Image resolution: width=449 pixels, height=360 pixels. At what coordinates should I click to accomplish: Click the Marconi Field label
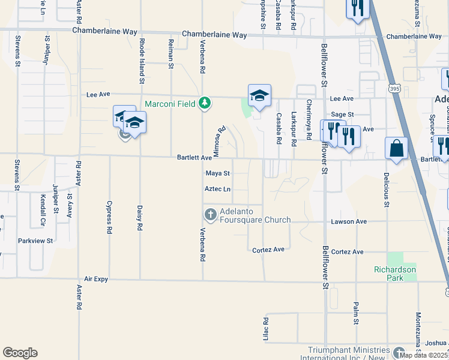click(170, 104)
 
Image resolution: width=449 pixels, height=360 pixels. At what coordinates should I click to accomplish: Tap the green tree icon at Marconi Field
click(205, 103)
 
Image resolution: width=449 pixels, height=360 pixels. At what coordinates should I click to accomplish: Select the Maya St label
click(218, 173)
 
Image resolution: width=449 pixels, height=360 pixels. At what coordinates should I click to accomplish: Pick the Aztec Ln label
click(217, 189)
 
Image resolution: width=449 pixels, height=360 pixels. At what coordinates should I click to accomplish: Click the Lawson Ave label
click(349, 221)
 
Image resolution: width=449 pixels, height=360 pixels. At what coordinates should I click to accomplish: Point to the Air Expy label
click(96, 279)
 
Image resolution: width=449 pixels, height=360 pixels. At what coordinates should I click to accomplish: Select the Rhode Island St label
click(142, 60)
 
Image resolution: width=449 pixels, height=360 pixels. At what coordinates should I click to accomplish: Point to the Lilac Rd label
click(265, 329)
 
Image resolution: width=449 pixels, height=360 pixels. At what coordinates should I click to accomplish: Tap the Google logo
click(20, 353)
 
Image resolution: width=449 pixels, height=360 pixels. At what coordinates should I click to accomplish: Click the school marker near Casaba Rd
click(259, 95)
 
